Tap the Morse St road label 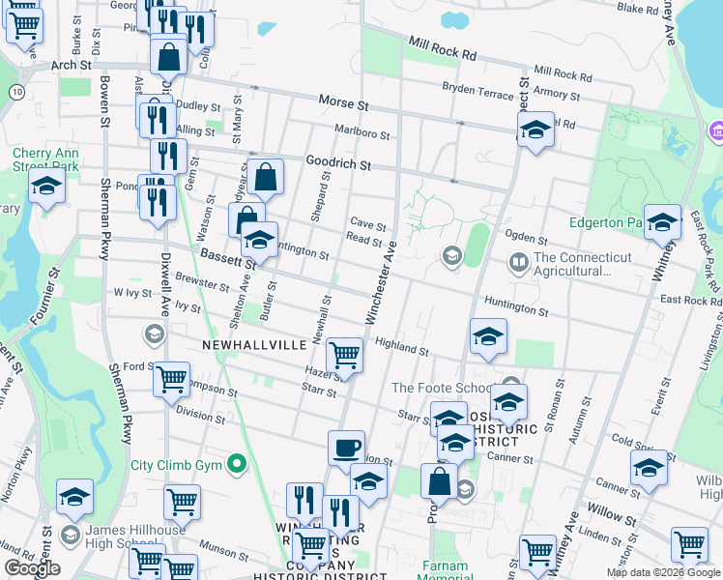tap(344, 102)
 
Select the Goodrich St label tap(338, 164)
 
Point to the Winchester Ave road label tap(380, 281)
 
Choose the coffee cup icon tap(346, 448)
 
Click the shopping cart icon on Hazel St tap(345, 355)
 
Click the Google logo tap(32, 568)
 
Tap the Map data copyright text tap(662, 572)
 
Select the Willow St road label tap(611, 518)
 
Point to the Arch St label tap(71, 65)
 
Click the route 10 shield tap(16, 90)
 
